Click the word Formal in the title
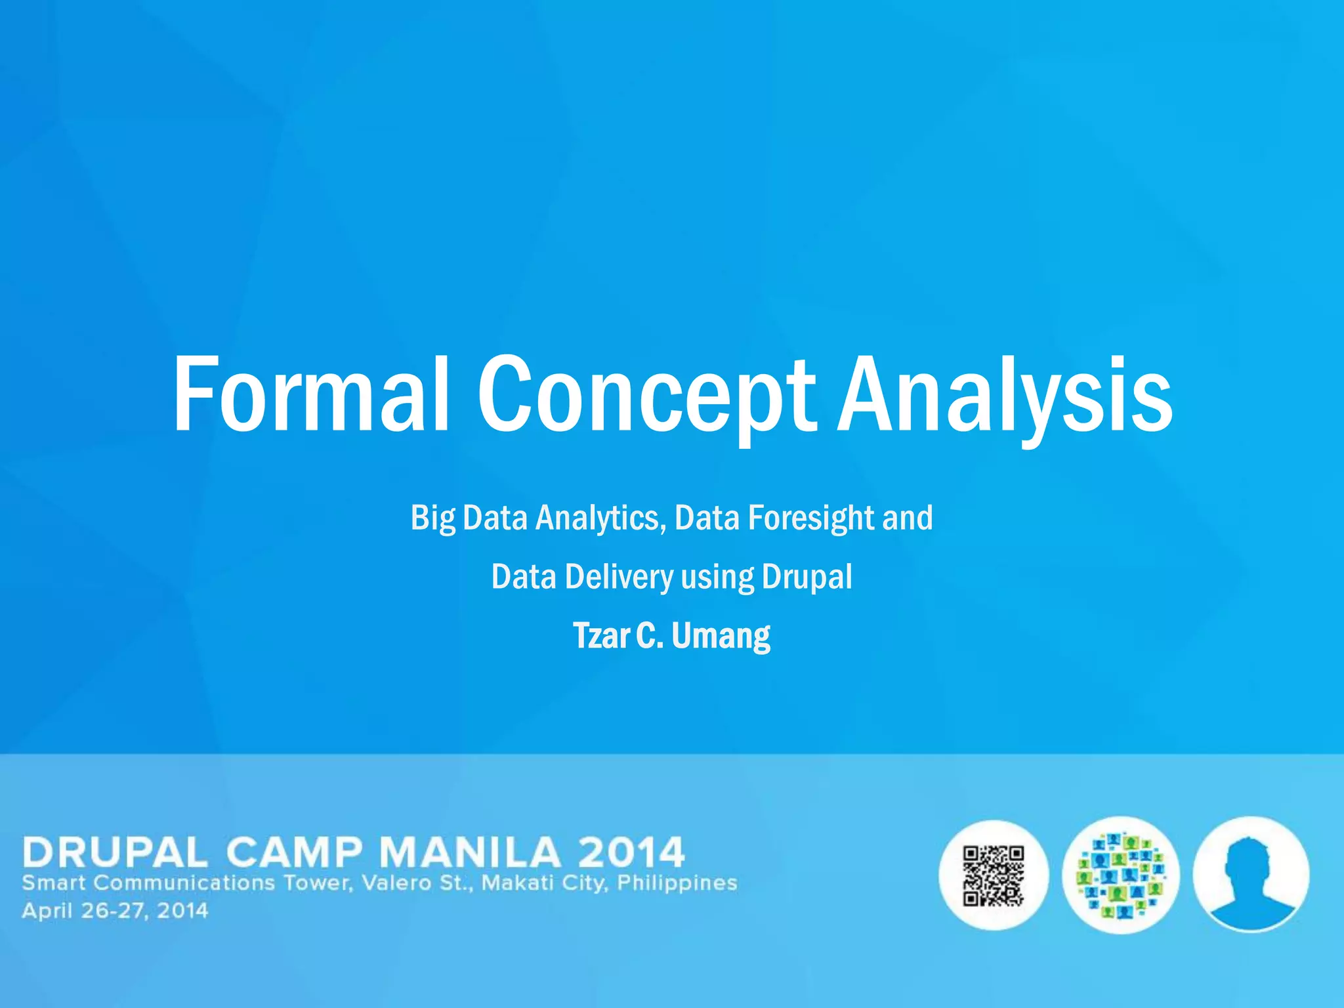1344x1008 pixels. (x=310, y=394)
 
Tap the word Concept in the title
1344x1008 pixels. (x=646, y=397)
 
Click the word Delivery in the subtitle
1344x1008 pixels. (x=619, y=577)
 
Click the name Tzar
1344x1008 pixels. (x=601, y=636)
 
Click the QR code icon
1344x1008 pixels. (x=993, y=875)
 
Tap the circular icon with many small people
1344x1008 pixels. (x=1120, y=875)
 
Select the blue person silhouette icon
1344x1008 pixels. (x=1251, y=874)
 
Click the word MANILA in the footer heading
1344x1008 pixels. (x=469, y=852)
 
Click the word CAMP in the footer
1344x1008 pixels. (x=293, y=852)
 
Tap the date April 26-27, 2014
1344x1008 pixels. (x=115, y=911)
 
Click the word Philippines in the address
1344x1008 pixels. (x=677, y=883)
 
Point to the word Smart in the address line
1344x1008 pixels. (x=54, y=883)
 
